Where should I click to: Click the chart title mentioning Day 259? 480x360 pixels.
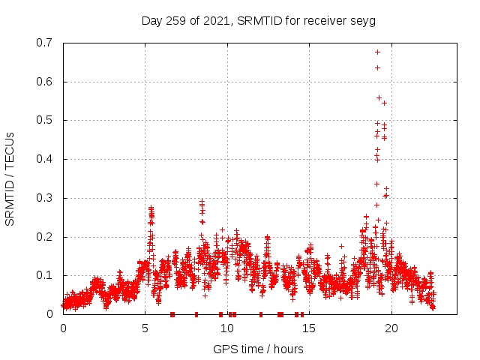(x=258, y=20)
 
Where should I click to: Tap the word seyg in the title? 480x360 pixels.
(x=362, y=21)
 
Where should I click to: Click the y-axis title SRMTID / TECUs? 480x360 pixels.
(x=10, y=179)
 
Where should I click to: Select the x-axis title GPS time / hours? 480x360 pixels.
(x=258, y=349)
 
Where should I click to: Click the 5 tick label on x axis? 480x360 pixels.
(x=145, y=328)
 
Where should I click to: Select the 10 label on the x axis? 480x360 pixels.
(x=226, y=328)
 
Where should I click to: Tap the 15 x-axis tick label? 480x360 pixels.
(x=308, y=328)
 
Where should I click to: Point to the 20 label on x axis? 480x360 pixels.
(x=390, y=328)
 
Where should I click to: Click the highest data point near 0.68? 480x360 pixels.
(x=377, y=52)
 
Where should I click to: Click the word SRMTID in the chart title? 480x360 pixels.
(x=259, y=20)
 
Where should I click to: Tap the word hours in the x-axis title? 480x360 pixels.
(x=287, y=349)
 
